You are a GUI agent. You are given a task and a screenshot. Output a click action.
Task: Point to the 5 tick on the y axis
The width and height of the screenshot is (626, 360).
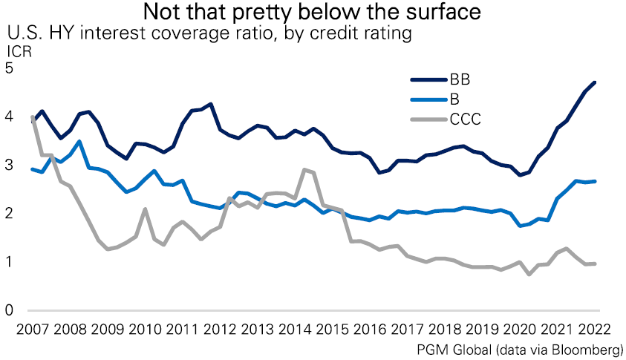10,68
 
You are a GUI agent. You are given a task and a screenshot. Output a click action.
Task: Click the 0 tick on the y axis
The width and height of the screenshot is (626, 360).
10,310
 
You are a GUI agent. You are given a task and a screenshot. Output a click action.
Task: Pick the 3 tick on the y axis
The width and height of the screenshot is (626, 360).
10,165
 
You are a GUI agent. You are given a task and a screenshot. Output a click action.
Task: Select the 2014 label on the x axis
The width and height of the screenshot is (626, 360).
299,329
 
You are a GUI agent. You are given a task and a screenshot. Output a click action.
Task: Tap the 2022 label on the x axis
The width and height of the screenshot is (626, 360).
599,329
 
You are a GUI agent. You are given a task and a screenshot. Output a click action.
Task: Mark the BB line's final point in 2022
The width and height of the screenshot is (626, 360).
596,82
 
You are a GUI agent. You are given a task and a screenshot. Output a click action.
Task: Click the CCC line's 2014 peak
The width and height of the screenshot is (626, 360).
304,170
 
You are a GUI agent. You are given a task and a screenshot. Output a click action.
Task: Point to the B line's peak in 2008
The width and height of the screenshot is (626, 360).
79,141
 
